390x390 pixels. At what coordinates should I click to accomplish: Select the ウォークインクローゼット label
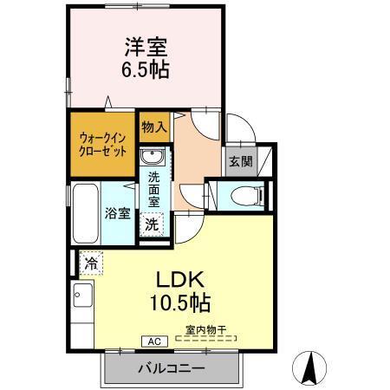click(x=101, y=142)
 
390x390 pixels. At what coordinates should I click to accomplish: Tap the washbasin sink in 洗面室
click(x=153, y=159)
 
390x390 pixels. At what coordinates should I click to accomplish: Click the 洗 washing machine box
click(x=152, y=224)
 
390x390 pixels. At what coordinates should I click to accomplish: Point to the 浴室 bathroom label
click(x=118, y=212)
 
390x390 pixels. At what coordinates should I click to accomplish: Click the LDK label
click(x=179, y=281)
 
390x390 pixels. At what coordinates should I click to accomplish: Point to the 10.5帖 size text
click(x=179, y=304)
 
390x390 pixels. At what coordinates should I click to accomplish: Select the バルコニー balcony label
click(x=171, y=368)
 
